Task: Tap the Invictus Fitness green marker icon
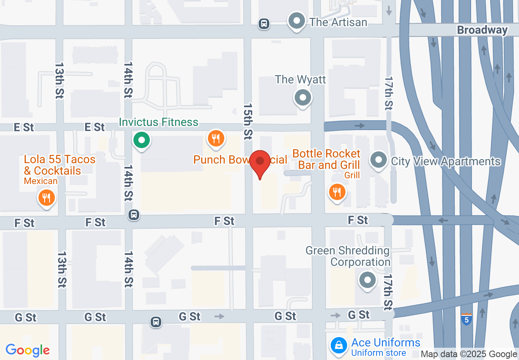point(142,141)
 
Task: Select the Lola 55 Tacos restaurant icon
point(47,198)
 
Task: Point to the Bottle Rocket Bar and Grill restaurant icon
point(337,191)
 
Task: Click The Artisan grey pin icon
point(297,20)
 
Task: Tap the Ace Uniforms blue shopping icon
point(339,346)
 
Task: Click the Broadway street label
point(482,30)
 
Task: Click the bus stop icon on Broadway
point(264,24)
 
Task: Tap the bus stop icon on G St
point(156,322)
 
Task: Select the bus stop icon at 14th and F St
point(134,214)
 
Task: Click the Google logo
point(28,350)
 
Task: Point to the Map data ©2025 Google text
point(469,354)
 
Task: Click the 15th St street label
point(248,121)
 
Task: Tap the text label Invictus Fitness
point(158,122)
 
